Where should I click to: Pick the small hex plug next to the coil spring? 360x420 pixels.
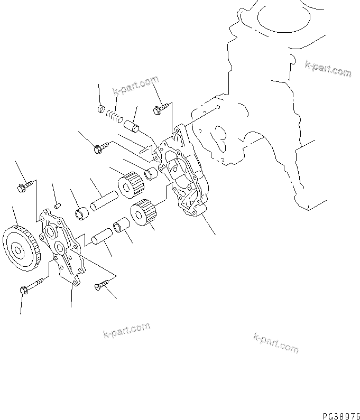coord(101,109)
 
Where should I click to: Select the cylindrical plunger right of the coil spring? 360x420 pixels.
coord(132,127)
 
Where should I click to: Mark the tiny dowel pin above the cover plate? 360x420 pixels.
coord(58,200)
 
